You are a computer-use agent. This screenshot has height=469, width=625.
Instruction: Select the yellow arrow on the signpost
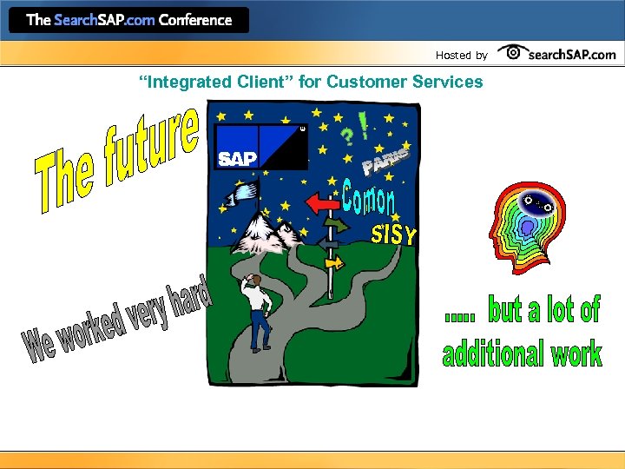coord(333,261)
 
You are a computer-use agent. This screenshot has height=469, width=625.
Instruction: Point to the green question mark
coord(346,137)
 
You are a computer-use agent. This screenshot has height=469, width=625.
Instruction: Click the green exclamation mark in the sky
coord(363,122)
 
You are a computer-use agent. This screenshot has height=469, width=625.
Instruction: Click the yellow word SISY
coord(394,234)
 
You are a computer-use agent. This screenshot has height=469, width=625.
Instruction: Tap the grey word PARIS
coord(384,161)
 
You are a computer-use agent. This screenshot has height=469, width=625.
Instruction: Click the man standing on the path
coord(256,308)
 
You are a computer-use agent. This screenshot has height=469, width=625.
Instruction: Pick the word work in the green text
coord(576,353)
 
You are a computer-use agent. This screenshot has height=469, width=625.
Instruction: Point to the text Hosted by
coord(461,56)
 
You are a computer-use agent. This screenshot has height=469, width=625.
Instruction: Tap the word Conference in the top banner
coord(196,20)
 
